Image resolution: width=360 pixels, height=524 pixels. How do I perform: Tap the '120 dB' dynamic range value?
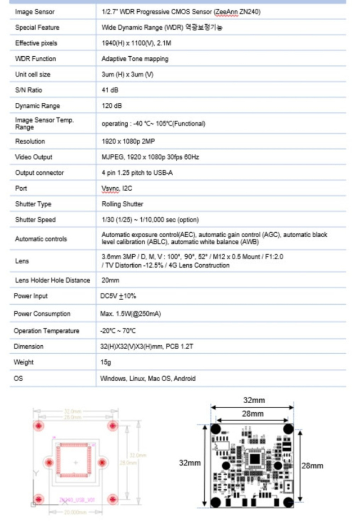tap(111, 106)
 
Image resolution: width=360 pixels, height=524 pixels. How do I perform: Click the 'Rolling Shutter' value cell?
tap(122, 204)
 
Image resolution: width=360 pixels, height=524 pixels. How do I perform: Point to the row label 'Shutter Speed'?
tap(35, 220)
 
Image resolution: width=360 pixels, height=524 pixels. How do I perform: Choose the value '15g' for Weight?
tap(105, 363)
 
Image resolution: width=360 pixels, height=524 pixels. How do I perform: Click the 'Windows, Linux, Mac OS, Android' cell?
tap(148, 378)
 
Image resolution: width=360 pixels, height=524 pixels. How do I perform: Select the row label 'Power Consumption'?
tap(42, 314)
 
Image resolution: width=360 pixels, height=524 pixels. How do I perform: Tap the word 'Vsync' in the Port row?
tap(109, 188)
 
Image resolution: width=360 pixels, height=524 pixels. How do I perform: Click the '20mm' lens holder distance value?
tap(110, 280)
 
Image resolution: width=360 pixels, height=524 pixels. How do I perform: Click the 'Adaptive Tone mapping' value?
tap(134, 59)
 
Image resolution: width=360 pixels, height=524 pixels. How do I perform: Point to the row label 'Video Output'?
tap(34, 157)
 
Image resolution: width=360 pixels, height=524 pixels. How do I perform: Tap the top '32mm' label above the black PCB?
tap(254, 400)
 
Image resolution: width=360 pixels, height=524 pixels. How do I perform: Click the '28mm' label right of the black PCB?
tap(313, 466)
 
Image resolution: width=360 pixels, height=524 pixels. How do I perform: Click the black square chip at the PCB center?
tap(254, 459)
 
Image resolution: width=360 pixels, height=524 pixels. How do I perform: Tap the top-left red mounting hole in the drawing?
tap(39, 425)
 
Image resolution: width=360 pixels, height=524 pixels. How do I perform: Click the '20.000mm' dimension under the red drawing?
tap(74, 512)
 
